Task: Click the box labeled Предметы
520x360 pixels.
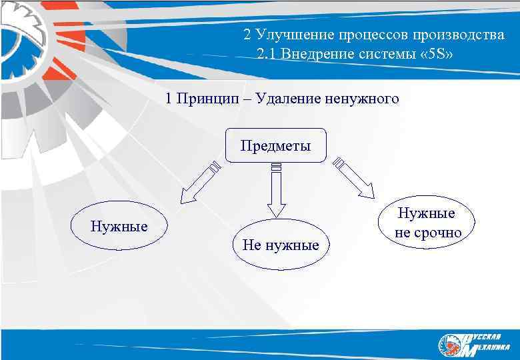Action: point(275,145)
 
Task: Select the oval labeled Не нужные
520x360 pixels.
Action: point(281,245)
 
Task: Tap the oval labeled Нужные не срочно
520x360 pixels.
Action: point(427,223)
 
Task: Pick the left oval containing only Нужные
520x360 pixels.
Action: point(119,225)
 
